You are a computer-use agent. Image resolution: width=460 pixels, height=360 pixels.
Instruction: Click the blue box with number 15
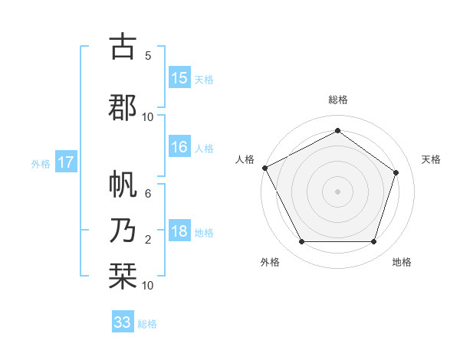179,79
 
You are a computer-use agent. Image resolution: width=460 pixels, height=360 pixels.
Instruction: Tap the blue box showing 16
179,148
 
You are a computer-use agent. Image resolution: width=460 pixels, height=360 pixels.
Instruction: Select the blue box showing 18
179,232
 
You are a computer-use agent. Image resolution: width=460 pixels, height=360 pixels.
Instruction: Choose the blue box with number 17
65,162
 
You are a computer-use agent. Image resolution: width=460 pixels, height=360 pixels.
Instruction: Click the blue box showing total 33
123,322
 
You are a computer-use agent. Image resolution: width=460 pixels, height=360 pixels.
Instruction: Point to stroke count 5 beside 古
148,55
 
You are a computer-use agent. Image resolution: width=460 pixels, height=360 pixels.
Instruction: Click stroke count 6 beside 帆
148,194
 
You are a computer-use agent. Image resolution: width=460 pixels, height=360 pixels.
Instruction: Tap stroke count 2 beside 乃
148,240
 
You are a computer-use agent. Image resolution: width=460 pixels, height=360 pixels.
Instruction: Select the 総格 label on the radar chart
337,100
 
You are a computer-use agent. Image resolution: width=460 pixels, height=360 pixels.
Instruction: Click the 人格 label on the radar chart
245,159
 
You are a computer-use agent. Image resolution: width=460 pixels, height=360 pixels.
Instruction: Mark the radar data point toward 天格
396,172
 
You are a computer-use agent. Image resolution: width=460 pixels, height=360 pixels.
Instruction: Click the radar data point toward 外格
301,242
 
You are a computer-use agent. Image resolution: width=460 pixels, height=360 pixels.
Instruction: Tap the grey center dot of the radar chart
337,191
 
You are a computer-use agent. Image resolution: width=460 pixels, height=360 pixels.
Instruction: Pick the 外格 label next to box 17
41,163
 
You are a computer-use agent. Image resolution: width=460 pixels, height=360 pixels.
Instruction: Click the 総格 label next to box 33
147,324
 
